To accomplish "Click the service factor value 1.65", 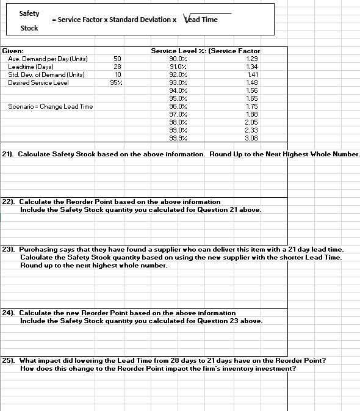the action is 252,98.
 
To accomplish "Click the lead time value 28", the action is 117,67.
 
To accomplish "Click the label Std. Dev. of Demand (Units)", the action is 46,75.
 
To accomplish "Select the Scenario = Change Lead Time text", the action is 51,106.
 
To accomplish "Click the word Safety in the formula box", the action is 29,13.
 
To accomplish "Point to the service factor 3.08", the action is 251,138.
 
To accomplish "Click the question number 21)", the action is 9,154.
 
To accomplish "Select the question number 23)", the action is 9,250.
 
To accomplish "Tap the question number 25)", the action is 9,360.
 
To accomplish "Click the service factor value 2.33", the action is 251,130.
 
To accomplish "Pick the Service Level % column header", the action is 178,51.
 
